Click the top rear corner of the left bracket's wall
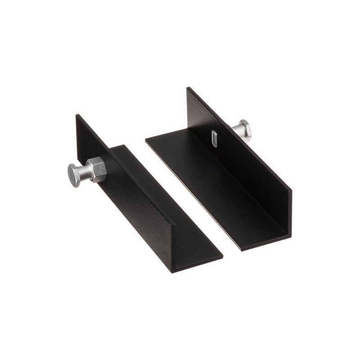(x=77, y=115)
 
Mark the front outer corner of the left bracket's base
(x=222, y=257)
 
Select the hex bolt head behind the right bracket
(x=243, y=130)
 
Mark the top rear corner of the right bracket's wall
(x=188, y=88)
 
